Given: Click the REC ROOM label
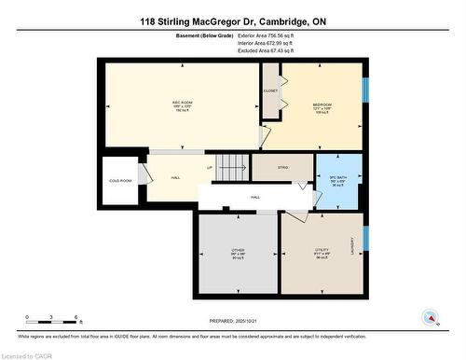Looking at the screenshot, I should [181, 101].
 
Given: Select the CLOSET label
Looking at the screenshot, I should [270, 91].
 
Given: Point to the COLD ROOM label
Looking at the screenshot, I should [120, 181].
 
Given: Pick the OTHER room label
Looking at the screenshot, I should [239, 251].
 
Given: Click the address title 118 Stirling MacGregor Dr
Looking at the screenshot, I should [232, 21].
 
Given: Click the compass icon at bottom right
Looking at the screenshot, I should [431, 316].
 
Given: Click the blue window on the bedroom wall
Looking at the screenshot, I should [366, 90].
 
